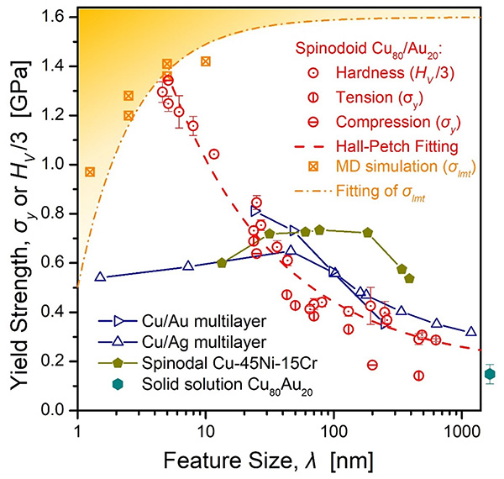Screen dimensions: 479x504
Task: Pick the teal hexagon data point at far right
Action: tap(491, 374)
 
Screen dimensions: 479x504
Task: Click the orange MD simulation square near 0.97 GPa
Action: tap(90, 171)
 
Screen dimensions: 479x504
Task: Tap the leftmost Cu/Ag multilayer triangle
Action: tap(101, 276)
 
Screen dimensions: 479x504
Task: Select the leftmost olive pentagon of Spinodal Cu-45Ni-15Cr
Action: tap(222, 263)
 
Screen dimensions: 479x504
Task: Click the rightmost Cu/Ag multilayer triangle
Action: tap(471, 332)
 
